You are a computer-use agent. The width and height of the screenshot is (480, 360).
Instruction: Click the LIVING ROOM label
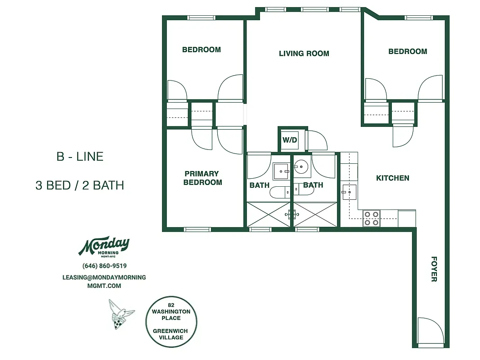(304, 54)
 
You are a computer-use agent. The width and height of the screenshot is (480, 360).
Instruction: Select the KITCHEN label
(392, 178)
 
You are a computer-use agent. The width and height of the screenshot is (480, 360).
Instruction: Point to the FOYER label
(434, 269)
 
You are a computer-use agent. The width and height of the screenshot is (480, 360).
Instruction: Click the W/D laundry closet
(290, 140)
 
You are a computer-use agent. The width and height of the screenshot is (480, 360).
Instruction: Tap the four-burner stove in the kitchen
(371, 218)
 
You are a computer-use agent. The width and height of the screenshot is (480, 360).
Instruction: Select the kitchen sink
(349, 192)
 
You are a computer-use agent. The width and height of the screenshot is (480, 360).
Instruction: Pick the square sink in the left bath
(282, 171)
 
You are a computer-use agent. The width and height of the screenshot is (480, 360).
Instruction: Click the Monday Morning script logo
(104, 246)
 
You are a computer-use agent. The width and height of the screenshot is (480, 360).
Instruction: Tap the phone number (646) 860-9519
(104, 266)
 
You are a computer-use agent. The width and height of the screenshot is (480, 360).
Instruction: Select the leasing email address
(104, 281)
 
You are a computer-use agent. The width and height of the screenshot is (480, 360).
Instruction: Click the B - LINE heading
(80, 157)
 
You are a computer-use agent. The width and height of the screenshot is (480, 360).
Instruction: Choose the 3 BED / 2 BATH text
(80, 185)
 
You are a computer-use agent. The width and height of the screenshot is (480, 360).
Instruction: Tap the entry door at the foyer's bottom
(428, 332)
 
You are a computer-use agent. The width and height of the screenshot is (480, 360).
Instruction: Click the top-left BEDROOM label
(201, 50)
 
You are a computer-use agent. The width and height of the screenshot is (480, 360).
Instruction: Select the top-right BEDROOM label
(408, 52)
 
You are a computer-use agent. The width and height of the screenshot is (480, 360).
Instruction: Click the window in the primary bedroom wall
(197, 229)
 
